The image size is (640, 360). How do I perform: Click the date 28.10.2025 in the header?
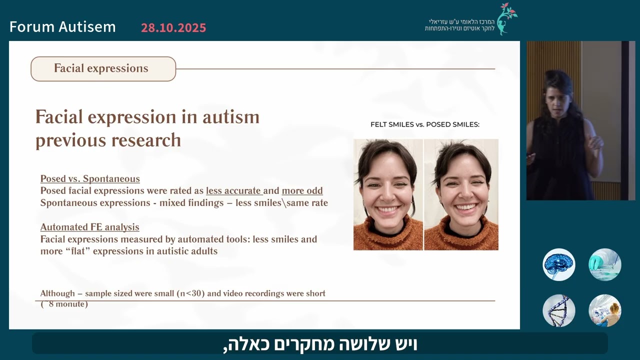[173, 28]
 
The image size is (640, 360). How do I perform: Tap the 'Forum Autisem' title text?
[62, 27]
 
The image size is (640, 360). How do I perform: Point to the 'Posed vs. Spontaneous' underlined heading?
[90, 179]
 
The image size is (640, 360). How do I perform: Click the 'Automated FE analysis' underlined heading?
[89, 227]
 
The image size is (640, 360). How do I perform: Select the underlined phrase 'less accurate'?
[234, 191]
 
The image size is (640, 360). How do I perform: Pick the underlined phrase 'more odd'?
[302, 191]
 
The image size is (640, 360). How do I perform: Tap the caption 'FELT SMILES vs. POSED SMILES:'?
[424, 124]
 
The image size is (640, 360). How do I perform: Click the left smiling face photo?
[388, 194]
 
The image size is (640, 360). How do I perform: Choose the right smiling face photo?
[461, 194]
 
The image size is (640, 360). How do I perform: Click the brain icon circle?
[558, 264]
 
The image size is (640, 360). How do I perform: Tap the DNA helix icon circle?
[558, 310]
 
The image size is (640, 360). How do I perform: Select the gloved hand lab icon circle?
[604, 264]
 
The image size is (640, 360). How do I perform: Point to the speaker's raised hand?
[595, 143]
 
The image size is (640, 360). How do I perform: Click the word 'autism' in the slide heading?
[230, 117]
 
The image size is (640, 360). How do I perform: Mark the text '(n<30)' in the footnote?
[190, 293]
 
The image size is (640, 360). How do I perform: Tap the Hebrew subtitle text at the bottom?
[320, 344]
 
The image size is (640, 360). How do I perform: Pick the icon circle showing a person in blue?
[604, 310]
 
